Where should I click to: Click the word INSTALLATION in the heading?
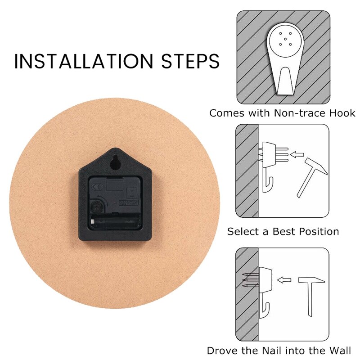point(84,61)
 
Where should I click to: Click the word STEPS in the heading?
point(190,61)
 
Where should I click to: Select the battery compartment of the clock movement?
point(115,221)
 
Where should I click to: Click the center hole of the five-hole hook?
point(285,39)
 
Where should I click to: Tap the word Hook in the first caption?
point(342,113)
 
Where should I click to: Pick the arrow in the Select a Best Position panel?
point(297,154)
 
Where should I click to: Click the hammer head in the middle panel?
point(316,166)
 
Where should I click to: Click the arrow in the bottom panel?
point(284,280)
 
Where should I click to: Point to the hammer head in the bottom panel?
point(311,280)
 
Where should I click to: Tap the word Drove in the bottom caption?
point(220,351)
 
